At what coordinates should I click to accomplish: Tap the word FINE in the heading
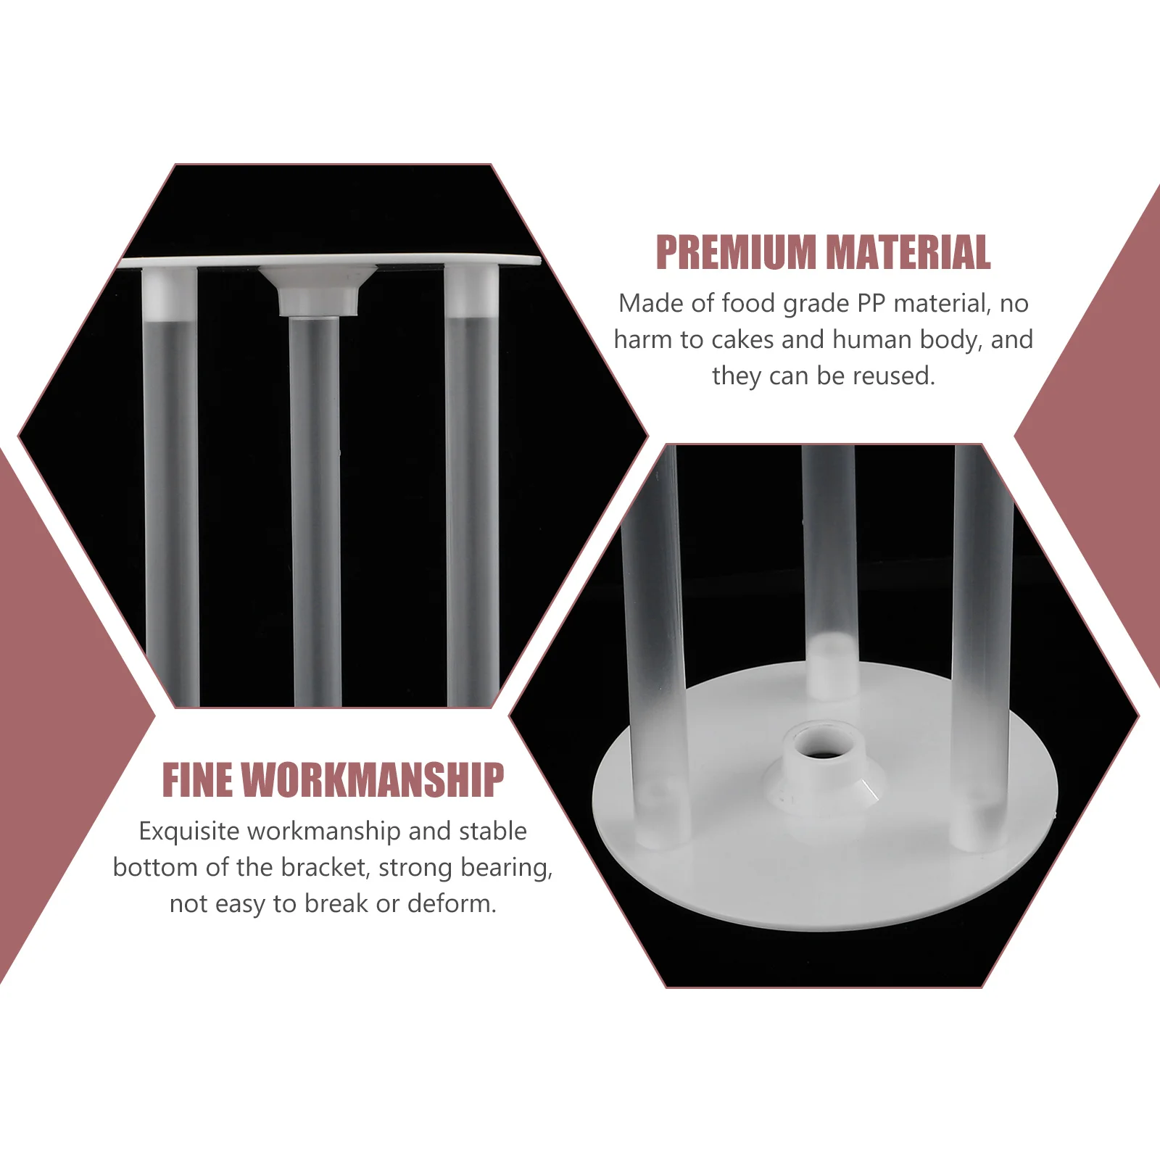[195, 780]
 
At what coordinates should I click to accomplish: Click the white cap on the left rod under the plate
[169, 293]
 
